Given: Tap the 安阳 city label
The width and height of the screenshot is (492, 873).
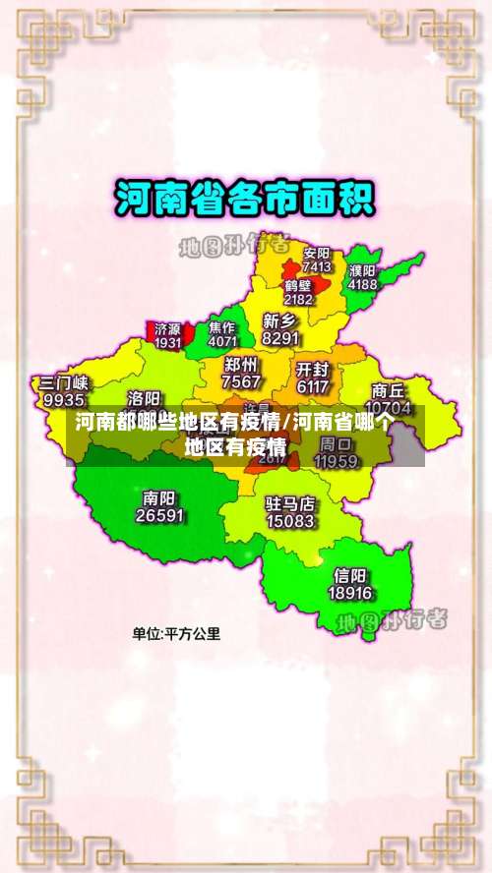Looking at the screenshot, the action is point(317,253).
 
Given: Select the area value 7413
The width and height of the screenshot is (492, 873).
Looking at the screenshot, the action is point(317,266).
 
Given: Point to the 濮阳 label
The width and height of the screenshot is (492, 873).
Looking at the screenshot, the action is point(362,270).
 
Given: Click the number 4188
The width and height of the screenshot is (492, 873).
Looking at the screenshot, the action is point(362,284).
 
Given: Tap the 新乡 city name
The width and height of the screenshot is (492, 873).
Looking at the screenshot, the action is point(280,320).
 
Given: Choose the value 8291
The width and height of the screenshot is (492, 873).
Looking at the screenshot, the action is point(281,337).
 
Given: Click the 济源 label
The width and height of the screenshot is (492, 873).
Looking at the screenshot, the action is point(167,328).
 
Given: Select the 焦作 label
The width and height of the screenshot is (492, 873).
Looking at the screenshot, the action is point(222,327).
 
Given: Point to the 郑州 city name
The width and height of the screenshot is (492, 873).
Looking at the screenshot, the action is point(241,365).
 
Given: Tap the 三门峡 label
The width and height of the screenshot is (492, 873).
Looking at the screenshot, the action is point(64,382).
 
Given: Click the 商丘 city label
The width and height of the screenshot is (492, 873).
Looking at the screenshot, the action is point(388,389).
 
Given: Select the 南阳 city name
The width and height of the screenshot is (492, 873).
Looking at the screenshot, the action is point(159,497).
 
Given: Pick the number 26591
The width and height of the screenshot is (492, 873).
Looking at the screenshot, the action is point(159,514).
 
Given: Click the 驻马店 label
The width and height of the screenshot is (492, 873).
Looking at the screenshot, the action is point(290,503).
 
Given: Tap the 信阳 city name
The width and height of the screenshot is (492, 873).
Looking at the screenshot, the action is point(350,575).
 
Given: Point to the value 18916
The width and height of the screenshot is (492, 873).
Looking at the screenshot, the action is point(350,592).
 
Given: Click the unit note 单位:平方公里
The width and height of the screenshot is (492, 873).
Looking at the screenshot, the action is point(177,634).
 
